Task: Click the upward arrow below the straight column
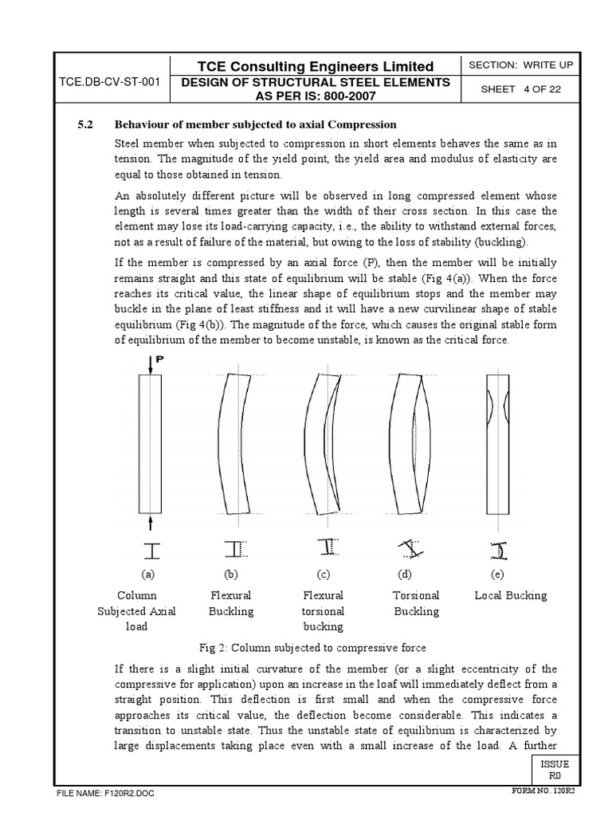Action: pyautogui.click(x=150, y=523)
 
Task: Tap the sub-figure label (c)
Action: pyautogui.click(x=323, y=575)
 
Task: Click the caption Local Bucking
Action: pyautogui.click(x=511, y=595)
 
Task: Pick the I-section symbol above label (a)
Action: pyautogui.click(x=150, y=550)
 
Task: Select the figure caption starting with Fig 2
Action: pyautogui.click(x=312, y=647)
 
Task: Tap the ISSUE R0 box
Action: pyautogui.click(x=555, y=769)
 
